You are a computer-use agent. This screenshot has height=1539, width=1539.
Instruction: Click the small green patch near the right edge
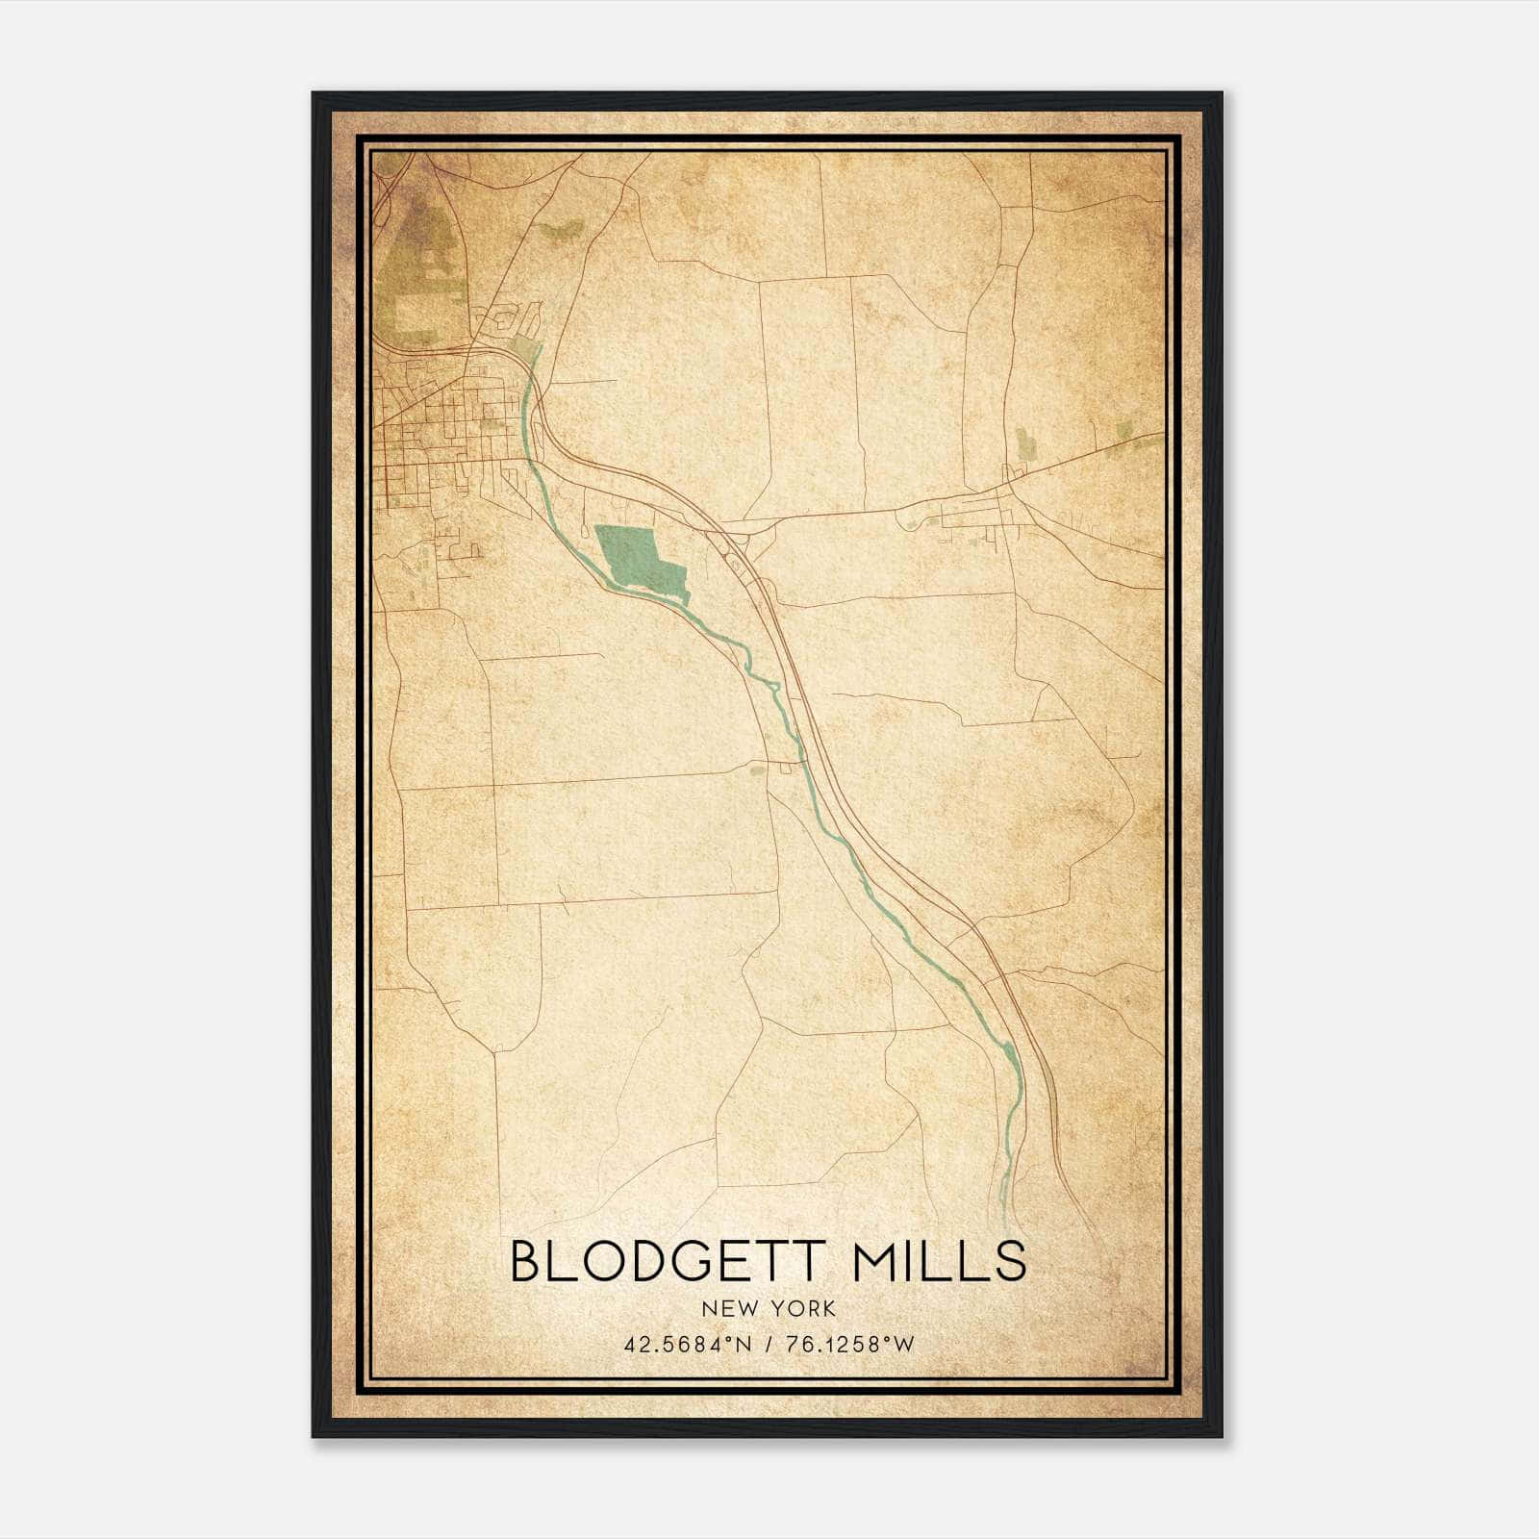[1125, 430]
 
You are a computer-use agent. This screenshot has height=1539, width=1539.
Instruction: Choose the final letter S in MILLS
[1012, 1262]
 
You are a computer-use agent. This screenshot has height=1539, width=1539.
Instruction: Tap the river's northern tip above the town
[535, 352]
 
